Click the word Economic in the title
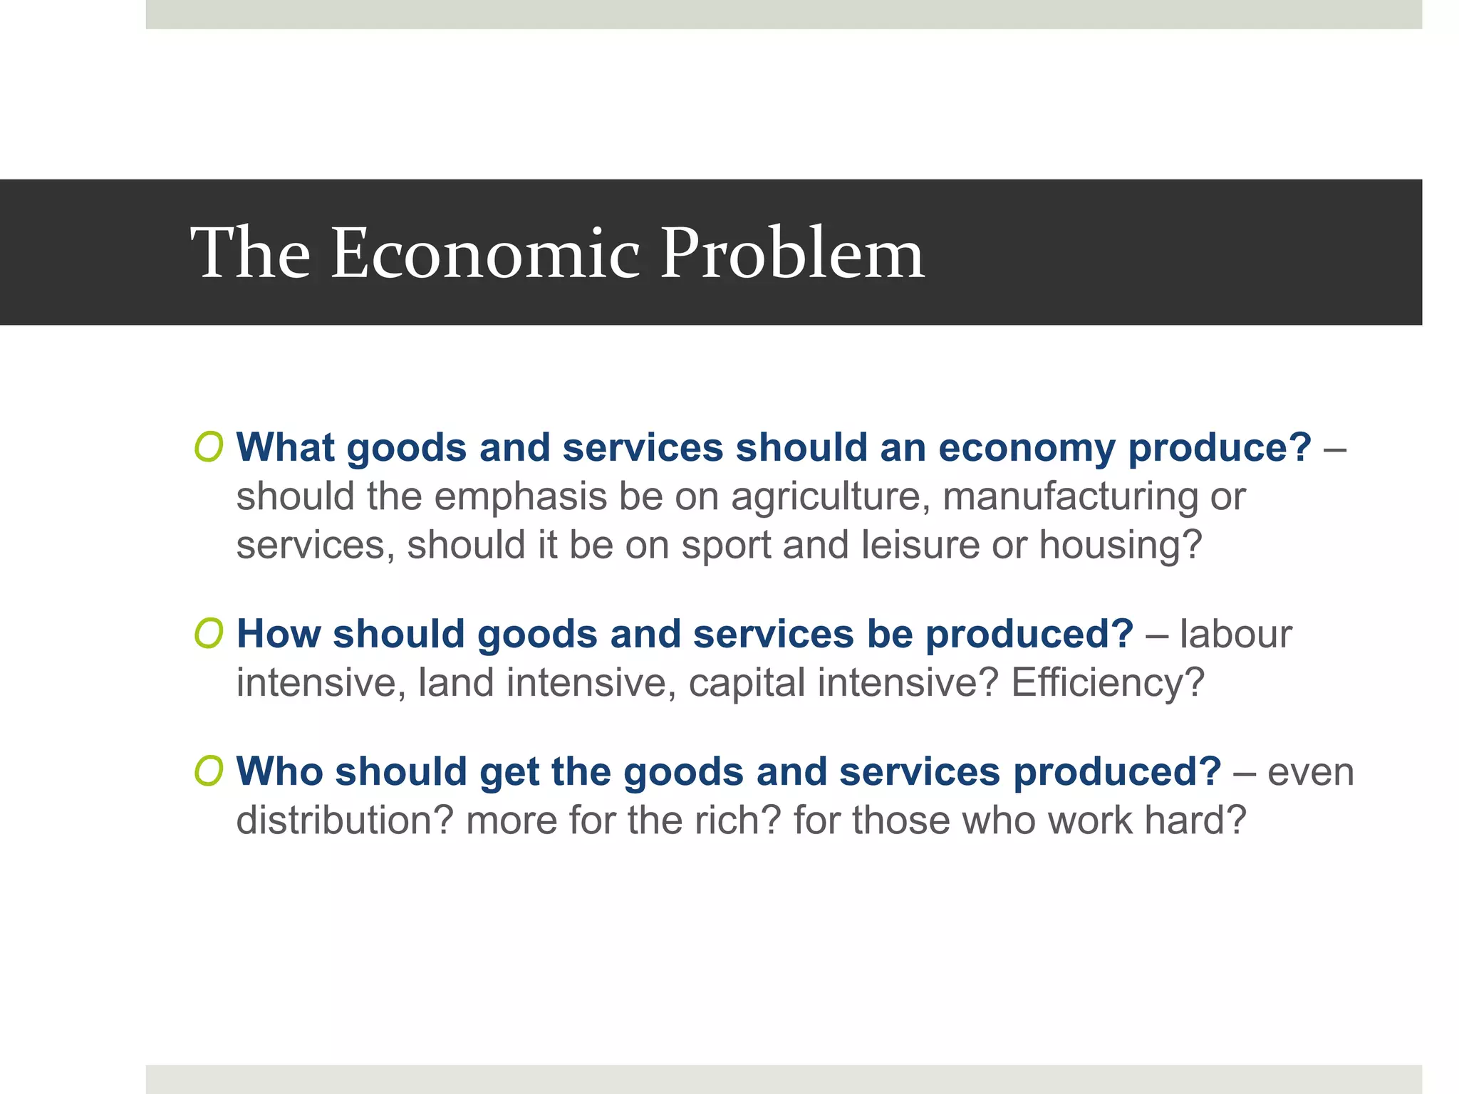(x=486, y=254)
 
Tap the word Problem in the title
(x=792, y=254)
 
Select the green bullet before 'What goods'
(x=209, y=447)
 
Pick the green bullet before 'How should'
(x=209, y=633)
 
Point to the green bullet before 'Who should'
(x=209, y=771)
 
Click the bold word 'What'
(x=285, y=447)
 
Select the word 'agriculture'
(x=831, y=497)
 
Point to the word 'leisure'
(x=920, y=545)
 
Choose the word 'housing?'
(x=1120, y=546)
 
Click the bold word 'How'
(x=279, y=633)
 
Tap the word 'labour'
(x=1235, y=633)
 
